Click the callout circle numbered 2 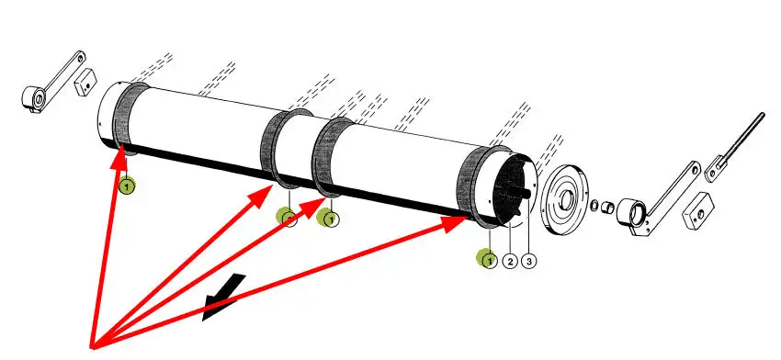(x=510, y=261)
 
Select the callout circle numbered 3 (x=528, y=261)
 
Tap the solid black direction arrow (x=223, y=298)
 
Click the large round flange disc (x=565, y=199)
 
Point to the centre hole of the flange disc (x=566, y=199)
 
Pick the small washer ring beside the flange (x=594, y=205)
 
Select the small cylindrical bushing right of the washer (x=607, y=206)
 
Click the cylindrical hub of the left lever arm (x=33, y=98)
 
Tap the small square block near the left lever (x=85, y=84)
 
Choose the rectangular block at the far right (x=697, y=210)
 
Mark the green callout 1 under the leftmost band (x=127, y=186)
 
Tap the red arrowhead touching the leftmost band (x=119, y=155)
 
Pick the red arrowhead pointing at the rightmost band (x=454, y=223)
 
